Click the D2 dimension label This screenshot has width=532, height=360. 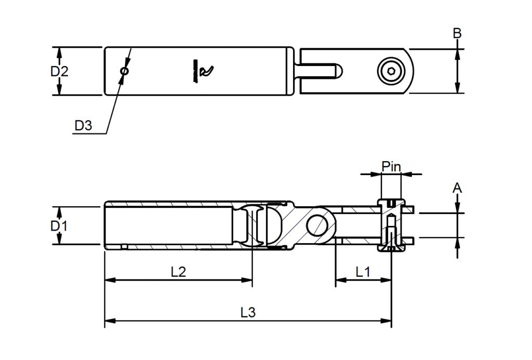(59, 71)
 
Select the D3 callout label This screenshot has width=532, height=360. (83, 126)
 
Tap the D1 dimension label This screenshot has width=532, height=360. (59, 225)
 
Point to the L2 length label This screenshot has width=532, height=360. (178, 272)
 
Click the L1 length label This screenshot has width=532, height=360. (363, 272)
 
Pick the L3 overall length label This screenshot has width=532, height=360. (248, 313)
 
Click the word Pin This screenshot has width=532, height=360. (391, 167)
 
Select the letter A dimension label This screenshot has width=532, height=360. (457, 188)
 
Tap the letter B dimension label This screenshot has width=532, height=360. (457, 33)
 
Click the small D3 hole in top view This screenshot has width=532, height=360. (125, 71)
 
